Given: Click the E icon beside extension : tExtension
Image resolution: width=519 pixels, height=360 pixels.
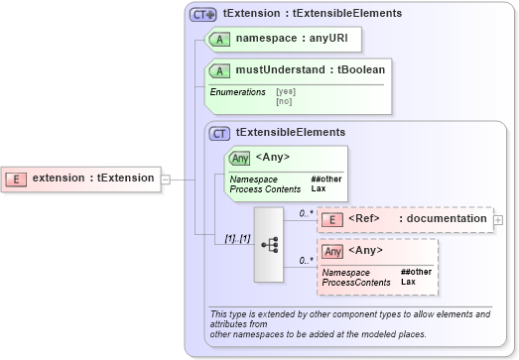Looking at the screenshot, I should (x=17, y=179).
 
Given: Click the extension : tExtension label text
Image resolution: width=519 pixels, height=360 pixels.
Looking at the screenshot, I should (x=93, y=179).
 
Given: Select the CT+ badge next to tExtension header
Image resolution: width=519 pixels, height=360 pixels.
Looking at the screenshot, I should (x=203, y=15).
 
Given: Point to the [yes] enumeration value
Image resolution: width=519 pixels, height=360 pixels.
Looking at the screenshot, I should (x=286, y=91).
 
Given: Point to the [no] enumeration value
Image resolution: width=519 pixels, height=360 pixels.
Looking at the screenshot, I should (x=284, y=100).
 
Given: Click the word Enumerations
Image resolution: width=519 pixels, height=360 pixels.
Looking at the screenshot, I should (x=237, y=91).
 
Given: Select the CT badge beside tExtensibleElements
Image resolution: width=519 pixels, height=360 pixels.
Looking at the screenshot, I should (x=219, y=132).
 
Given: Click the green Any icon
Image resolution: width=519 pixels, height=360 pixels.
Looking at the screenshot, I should (x=239, y=158).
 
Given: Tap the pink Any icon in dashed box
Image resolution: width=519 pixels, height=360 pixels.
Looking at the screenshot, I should (x=332, y=251).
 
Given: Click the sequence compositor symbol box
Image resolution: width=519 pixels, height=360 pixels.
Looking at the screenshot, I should (x=269, y=245).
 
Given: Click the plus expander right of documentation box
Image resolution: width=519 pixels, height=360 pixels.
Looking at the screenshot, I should (x=498, y=219).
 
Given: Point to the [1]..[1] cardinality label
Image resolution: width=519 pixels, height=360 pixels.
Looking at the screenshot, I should (x=236, y=238).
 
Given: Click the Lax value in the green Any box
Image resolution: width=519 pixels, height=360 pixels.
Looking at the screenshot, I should (x=318, y=188).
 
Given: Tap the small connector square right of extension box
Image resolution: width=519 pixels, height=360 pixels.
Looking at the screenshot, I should (x=166, y=180).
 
